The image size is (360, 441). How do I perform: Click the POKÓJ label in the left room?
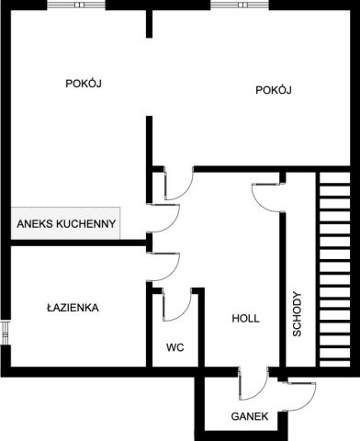(x=83, y=83)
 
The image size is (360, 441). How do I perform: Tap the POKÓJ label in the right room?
(x=274, y=89)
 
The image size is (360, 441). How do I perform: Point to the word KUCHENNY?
(x=87, y=223)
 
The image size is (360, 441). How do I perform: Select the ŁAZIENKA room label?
(x=73, y=308)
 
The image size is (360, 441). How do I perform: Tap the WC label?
(x=175, y=348)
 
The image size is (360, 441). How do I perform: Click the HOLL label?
(x=245, y=319)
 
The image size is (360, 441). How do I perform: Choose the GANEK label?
(x=250, y=416)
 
